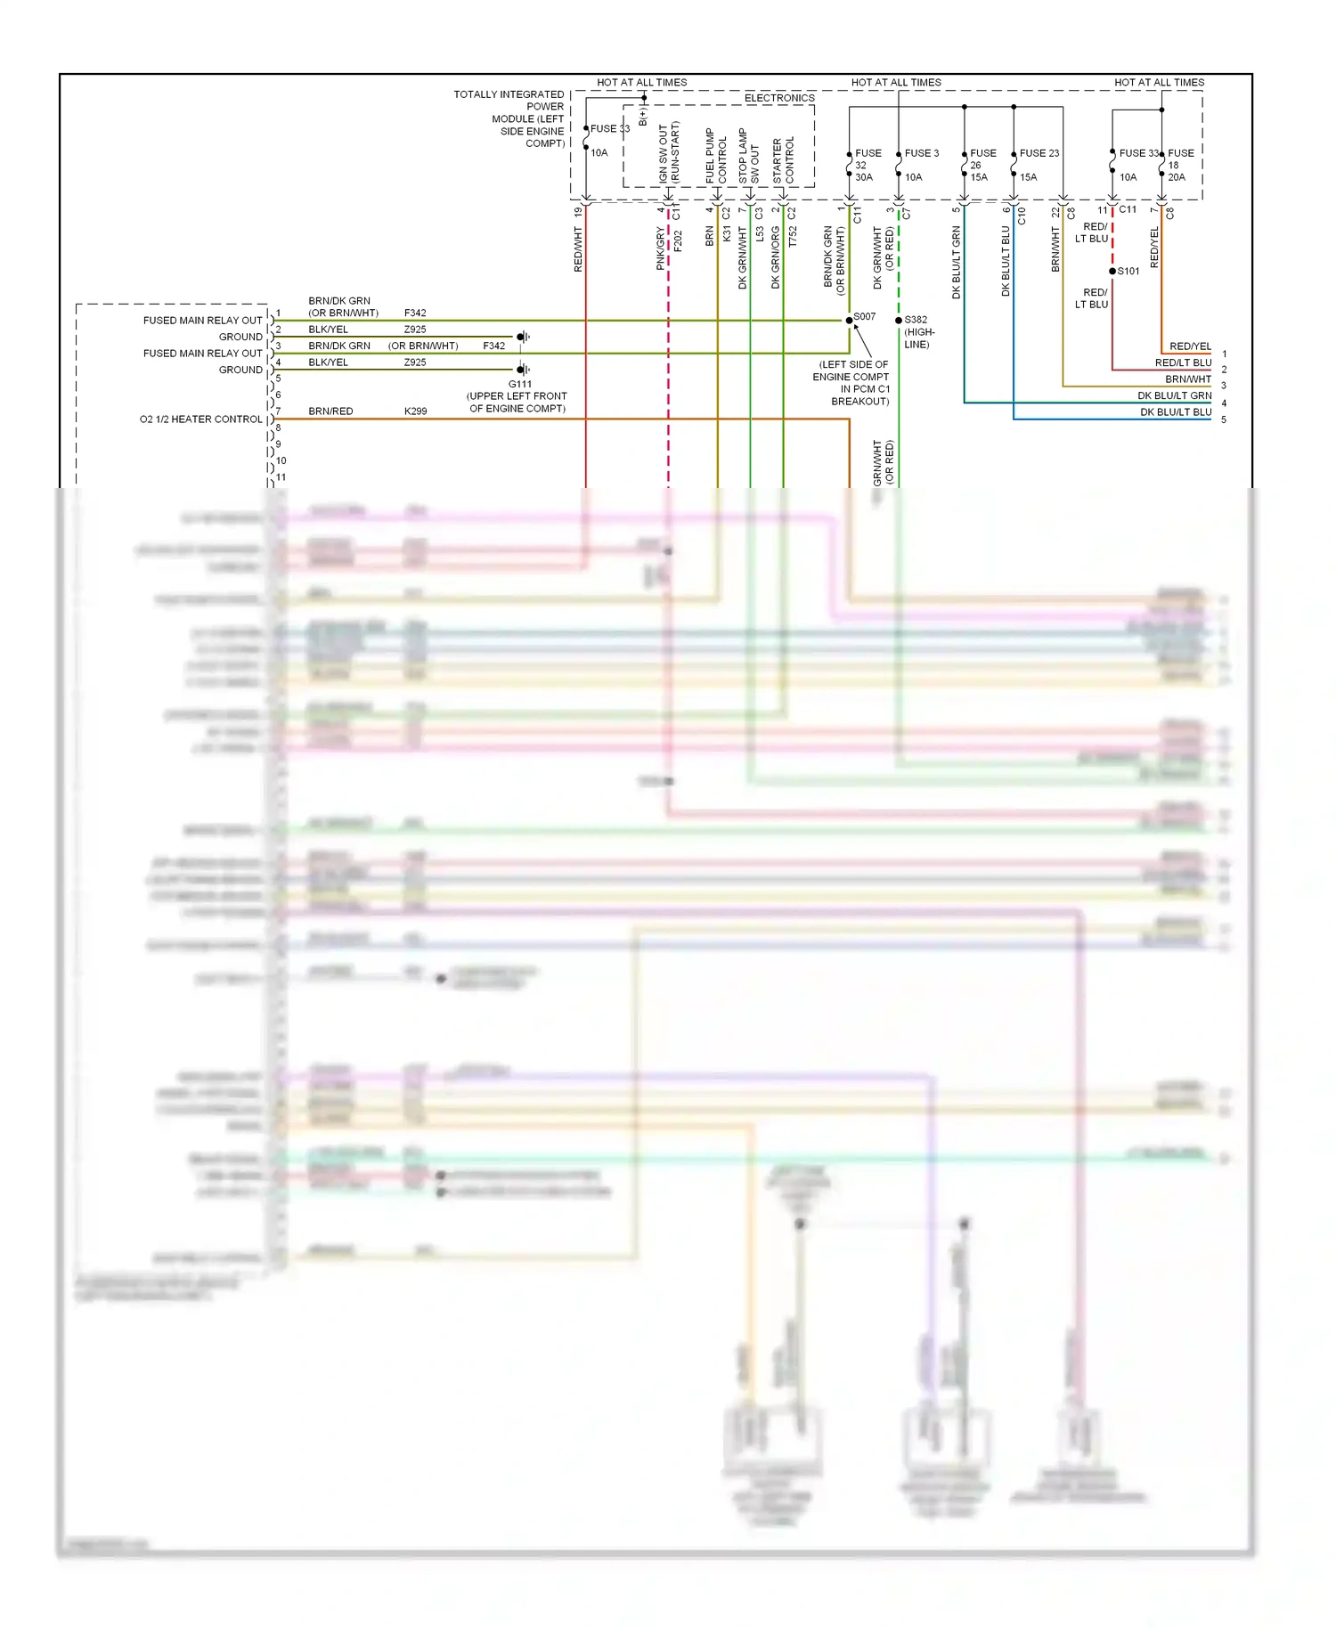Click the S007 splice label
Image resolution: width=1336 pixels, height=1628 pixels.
pos(864,316)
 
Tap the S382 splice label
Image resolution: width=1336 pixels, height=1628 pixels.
pos(916,320)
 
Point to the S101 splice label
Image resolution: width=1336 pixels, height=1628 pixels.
pos(1128,271)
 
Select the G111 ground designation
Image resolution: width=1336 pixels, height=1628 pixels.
pos(520,385)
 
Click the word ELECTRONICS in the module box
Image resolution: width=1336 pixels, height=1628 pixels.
pos(779,98)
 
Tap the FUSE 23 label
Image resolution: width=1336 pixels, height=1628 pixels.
pos(1039,153)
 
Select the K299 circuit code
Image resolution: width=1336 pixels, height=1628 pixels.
pos(415,411)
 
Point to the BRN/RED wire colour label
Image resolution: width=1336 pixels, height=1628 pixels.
pos(330,411)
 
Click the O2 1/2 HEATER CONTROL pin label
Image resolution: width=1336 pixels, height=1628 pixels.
pos(201,419)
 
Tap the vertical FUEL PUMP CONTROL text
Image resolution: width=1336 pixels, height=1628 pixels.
pos(716,156)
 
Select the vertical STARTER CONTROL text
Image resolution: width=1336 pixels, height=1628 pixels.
pos(783,160)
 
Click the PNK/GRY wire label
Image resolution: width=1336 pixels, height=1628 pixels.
pos(660,248)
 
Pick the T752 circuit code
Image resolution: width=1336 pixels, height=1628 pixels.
pos(792,237)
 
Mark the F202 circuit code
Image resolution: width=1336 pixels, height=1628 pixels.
pos(678,240)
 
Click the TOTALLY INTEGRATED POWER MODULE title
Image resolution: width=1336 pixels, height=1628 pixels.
pos(509,118)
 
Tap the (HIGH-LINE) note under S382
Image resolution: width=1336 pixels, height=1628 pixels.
pos(919,338)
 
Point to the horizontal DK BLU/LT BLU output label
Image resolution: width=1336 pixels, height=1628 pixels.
pos(1175,412)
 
